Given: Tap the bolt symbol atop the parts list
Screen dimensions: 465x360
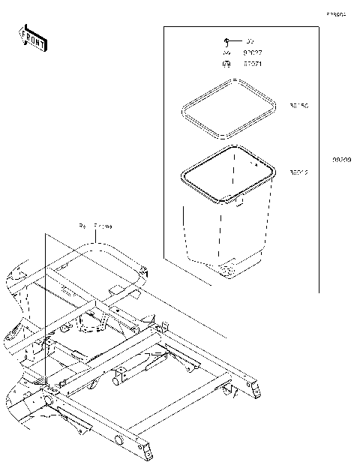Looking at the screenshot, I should [x=226, y=40].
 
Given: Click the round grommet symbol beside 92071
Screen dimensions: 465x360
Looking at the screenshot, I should [x=226, y=65].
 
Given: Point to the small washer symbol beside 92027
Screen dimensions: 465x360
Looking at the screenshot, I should [x=226, y=53].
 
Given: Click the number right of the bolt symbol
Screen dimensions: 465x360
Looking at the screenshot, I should [x=250, y=40].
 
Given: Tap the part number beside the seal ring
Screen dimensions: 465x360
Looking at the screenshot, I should [x=298, y=106].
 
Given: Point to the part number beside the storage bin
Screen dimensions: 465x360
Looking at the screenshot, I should [x=298, y=172].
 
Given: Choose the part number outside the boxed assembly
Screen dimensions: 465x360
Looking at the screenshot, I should [x=341, y=160].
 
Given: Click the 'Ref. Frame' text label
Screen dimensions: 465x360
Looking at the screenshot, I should [x=95, y=226].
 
